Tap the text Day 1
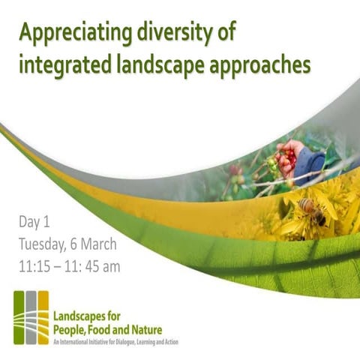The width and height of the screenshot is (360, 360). pyautogui.click(x=38, y=223)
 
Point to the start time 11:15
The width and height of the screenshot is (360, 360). pyautogui.click(x=37, y=264)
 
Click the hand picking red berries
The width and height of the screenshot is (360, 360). pyautogui.click(x=289, y=154)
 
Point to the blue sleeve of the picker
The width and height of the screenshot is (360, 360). pyautogui.click(x=309, y=164)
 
